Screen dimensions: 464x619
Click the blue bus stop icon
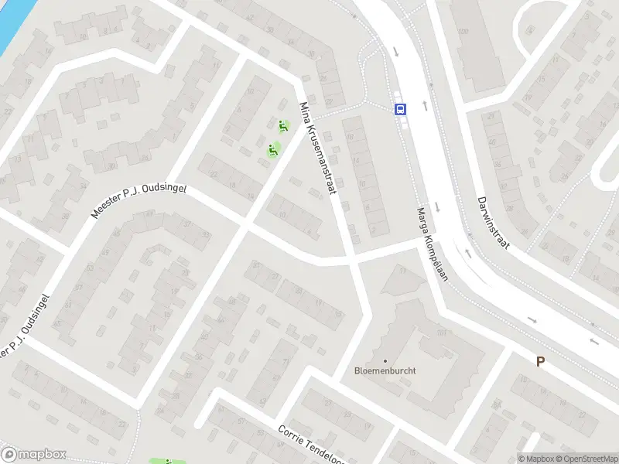tap(400, 109)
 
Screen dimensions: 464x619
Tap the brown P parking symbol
tap(540, 361)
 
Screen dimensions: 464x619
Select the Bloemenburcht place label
tap(385, 370)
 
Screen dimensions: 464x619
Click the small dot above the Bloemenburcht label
tap(385, 360)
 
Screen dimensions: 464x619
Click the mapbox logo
tap(34, 455)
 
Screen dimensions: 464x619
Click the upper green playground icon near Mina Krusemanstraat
tap(283, 126)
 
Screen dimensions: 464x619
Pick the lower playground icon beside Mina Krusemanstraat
tap(272, 149)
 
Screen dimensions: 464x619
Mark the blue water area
tap(12, 19)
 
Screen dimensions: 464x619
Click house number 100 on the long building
tap(463, 32)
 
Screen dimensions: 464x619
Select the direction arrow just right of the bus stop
tap(424, 105)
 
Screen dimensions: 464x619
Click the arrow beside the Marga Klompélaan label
tap(438, 206)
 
